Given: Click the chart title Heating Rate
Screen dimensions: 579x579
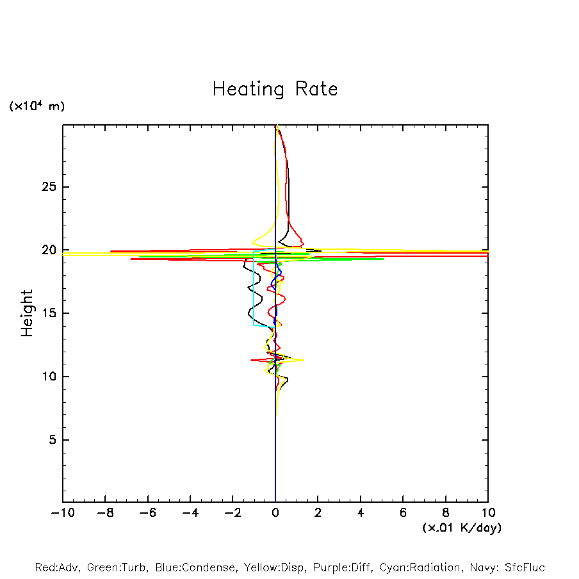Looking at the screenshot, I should pyautogui.click(x=275, y=89).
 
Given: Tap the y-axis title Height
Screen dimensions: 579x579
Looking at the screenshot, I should pyautogui.click(x=27, y=313).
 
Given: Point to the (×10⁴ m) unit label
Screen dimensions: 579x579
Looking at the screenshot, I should pyautogui.click(x=37, y=106).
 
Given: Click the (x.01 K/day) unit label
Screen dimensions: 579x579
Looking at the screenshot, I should pyautogui.click(x=461, y=528).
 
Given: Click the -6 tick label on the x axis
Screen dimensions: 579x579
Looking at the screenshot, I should pyautogui.click(x=148, y=513).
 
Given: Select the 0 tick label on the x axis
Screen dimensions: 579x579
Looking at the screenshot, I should pyautogui.click(x=275, y=513).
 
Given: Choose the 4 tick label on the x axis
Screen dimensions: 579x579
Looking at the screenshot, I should pyautogui.click(x=361, y=513).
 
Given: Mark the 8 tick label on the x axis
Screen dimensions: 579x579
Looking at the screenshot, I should pyautogui.click(x=446, y=513).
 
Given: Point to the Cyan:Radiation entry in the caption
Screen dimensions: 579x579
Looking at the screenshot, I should pyautogui.click(x=420, y=567).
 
